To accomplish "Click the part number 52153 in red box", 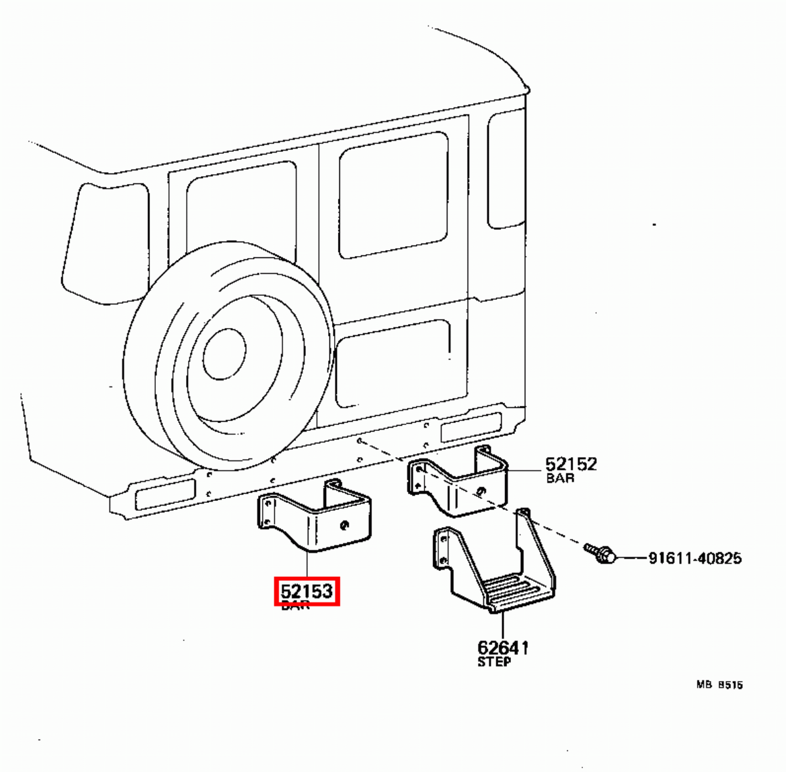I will coord(307,593).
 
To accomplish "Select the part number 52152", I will coord(571,464).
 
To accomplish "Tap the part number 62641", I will coord(502,648).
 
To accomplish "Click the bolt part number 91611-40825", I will coord(694,559).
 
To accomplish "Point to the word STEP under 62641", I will coord(494,661).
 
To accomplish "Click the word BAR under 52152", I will coord(560,478).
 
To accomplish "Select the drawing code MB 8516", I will coord(719,685).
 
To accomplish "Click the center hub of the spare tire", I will coord(224,354).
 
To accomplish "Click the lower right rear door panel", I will coord(393,363).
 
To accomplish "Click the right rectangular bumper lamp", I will coord(470,426).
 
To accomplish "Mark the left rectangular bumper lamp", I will coord(164,494).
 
